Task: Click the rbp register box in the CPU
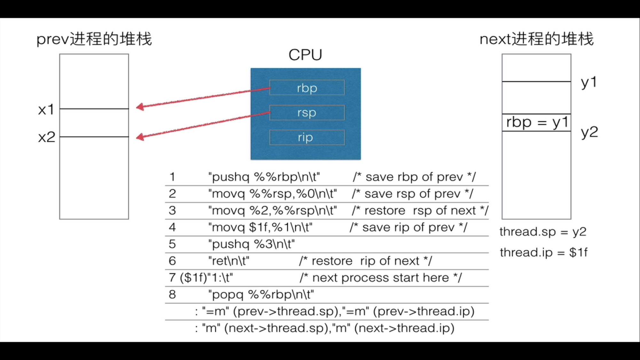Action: pos(307,88)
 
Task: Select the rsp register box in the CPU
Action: pos(307,113)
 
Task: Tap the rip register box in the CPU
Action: pos(307,138)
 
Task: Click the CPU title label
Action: pos(305,55)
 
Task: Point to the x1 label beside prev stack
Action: pos(46,110)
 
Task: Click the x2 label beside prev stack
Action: pos(47,137)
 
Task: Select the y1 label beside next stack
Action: pos(589,83)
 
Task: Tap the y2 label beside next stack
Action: pos(589,132)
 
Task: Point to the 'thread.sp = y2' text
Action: pos(543,232)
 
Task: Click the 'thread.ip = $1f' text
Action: pos(543,252)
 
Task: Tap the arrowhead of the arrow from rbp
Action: pos(140,107)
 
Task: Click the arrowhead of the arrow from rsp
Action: pos(140,137)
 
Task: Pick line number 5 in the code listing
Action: pos(172,244)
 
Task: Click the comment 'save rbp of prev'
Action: pos(414,177)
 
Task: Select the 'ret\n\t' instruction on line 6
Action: pos(229,261)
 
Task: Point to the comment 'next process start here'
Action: pos(381,278)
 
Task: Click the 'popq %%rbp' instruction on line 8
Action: pos(261,294)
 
